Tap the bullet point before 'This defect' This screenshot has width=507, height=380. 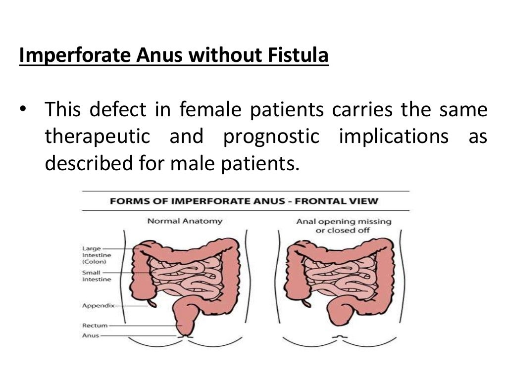point(23,110)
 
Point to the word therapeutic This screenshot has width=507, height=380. point(98,137)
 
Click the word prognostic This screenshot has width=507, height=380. point(271,137)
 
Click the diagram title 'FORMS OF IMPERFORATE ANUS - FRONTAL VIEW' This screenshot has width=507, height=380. point(244,201)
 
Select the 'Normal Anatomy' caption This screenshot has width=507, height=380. point(185,221)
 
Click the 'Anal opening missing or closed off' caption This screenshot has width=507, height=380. point(344,226)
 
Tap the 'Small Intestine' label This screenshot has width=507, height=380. point(96,276)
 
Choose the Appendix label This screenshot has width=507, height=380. point(98,305)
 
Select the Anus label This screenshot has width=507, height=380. point(92,335)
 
